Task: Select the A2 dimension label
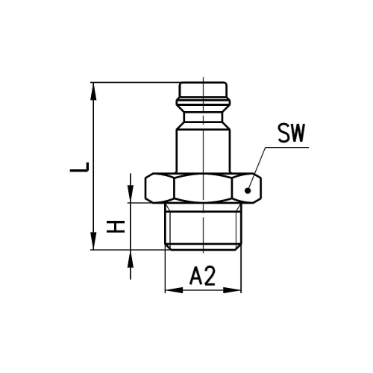coord(202,277)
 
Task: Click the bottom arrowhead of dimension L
coord(93,245)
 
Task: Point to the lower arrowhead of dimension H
coord(130,259)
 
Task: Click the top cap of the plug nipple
coord(203,90)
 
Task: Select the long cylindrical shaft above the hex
coord(203,149)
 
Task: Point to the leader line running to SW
coord(263,162)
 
